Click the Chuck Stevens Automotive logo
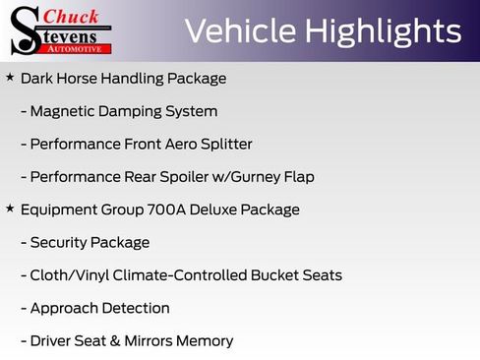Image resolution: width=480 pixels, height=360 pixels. (x=62, y=30)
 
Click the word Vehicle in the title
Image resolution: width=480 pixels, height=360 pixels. (x=239, y=31)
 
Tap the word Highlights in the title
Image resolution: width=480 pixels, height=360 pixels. (x=383, y=31)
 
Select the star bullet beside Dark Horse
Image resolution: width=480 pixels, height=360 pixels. (x=10, y=77)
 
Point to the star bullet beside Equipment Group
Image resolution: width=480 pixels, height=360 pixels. (x=10, y=209)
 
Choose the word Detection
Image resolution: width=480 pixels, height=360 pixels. (x=135, y=309)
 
